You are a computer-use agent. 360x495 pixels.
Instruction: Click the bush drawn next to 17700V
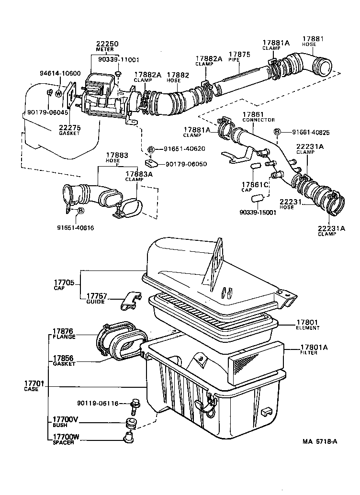click(x=129, y=423)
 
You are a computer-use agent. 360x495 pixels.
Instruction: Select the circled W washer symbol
click(x=59, y=93)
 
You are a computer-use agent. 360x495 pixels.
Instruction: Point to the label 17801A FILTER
click(x=316, y=349)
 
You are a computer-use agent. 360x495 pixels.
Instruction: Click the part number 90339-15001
click(x=258, y=213)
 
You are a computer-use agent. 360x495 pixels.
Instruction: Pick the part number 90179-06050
click(x=186, y=164)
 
